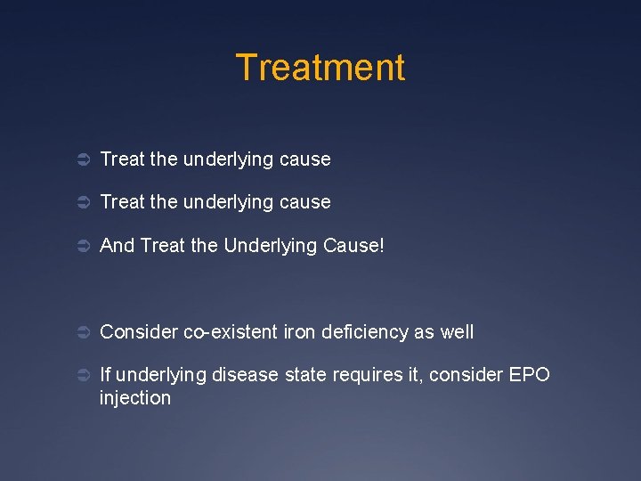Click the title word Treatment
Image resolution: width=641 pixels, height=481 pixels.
point(320,68)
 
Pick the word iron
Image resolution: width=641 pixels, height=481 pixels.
point(299,332)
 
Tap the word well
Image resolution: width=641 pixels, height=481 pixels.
point(456,332)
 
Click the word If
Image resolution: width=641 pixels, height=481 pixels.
point(106,375)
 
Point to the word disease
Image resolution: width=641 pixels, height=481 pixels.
point(246,375)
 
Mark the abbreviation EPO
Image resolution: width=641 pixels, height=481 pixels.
point(531,375)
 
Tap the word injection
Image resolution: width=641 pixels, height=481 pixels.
point(134,398)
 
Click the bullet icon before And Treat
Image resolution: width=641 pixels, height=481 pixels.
point(79,246)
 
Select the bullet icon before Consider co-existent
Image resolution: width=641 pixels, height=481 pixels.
point(79,333)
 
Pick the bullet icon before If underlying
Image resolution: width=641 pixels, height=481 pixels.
point(79,376)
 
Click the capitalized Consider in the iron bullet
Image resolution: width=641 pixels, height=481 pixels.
point(139,332)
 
